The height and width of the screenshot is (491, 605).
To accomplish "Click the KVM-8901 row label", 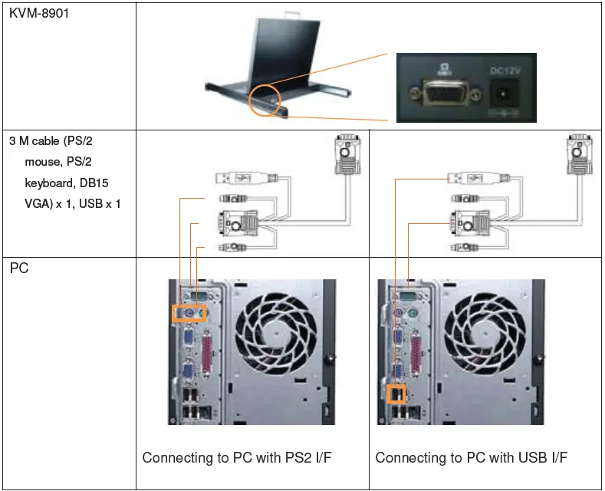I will point(39,14).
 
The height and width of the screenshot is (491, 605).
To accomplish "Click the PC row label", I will point(20,269).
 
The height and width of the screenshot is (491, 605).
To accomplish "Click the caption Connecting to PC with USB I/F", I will point(472,458).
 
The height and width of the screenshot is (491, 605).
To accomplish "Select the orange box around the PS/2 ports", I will point(189,314).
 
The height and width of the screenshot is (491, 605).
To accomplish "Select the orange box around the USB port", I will point(396,393).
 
